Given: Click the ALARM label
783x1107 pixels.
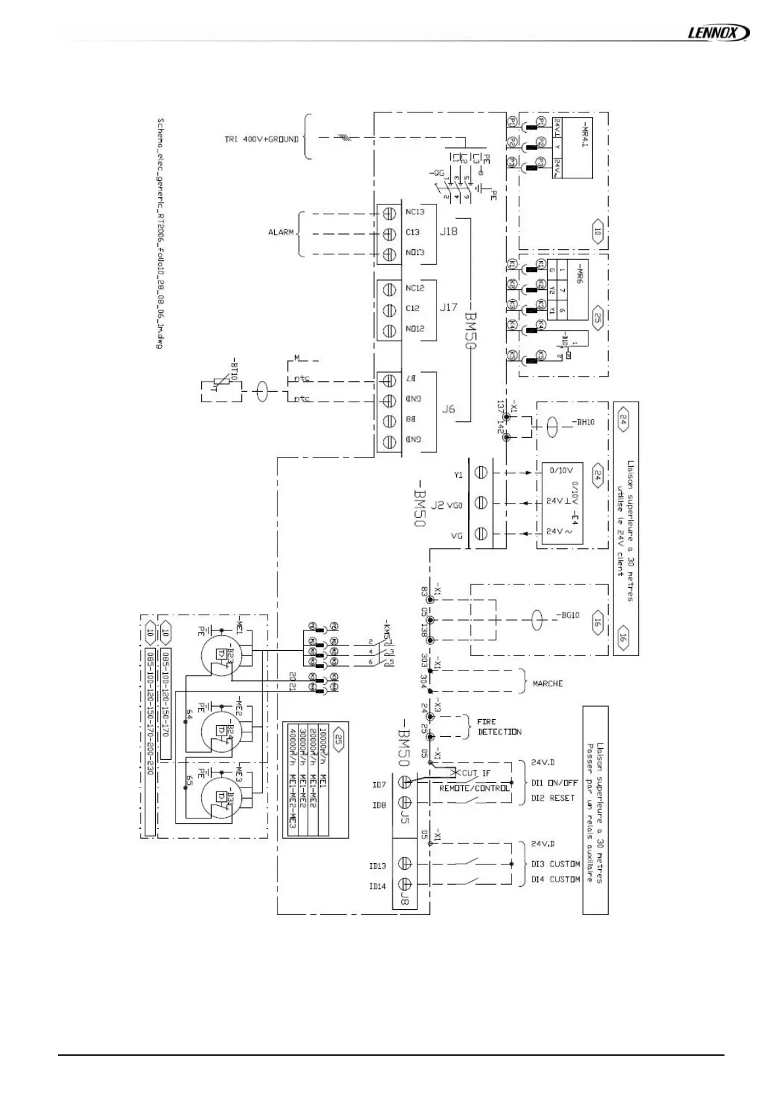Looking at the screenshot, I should pos(281,233).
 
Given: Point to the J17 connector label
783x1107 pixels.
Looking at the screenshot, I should pos(448,307).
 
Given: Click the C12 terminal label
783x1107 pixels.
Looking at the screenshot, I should pos(413,308).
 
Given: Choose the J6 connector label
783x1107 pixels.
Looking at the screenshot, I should pos(448,409).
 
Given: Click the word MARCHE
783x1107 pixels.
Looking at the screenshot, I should pos(548,684).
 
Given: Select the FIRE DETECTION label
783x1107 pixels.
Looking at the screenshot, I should pos(499,726).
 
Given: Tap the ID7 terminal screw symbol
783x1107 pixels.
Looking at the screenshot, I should pos(405,782).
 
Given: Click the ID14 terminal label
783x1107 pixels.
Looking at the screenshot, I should pos(377,886).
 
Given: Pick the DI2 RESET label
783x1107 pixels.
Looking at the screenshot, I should pos(553,798).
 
